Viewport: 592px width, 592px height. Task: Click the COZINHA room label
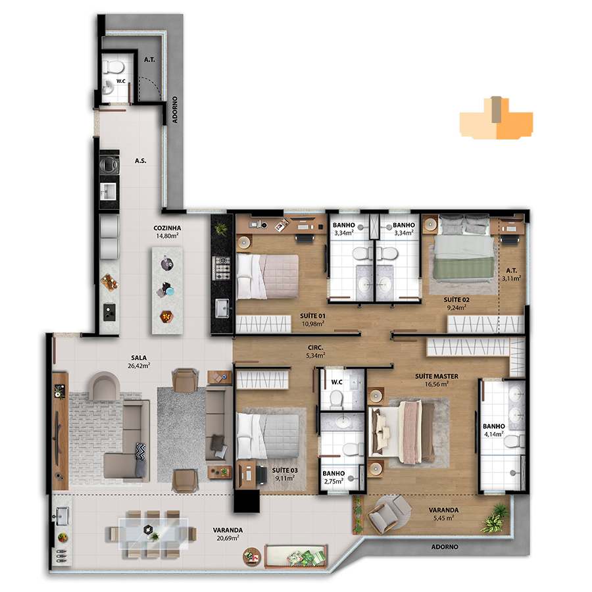167,228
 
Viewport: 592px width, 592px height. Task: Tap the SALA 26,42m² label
139,361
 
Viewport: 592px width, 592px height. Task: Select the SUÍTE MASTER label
437,376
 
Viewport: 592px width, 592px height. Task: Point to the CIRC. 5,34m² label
315,351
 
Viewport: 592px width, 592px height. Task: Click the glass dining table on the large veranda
153,533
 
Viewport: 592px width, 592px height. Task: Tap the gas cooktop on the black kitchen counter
221,268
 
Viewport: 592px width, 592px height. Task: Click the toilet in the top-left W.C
113,67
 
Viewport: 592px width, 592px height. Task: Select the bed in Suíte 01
267,276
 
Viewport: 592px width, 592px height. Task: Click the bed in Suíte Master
403,432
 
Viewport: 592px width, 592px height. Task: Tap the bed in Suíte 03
268,437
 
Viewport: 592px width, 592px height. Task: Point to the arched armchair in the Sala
105,385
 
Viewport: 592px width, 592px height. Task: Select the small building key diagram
496,118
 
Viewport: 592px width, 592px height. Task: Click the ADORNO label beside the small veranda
445,547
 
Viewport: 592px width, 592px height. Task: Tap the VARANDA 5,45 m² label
443,514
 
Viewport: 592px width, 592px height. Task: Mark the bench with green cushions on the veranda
295,556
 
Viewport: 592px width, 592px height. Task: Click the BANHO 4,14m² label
494,430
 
